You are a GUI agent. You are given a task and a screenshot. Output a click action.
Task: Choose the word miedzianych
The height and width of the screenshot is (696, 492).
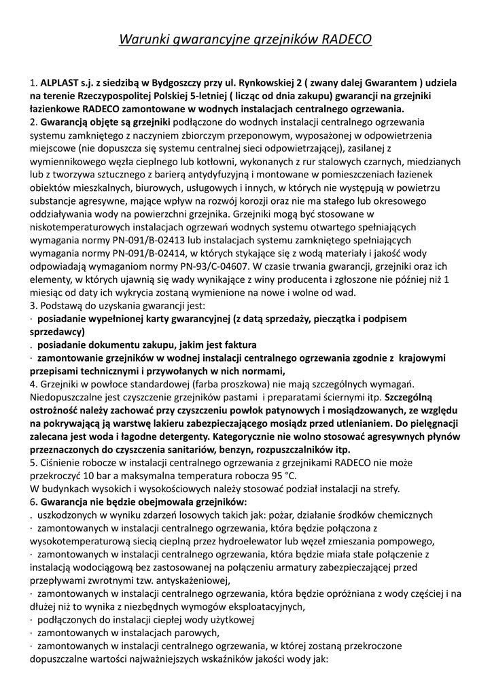coord(431,162)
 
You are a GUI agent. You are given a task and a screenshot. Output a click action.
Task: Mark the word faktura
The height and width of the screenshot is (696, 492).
coord(241,345)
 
